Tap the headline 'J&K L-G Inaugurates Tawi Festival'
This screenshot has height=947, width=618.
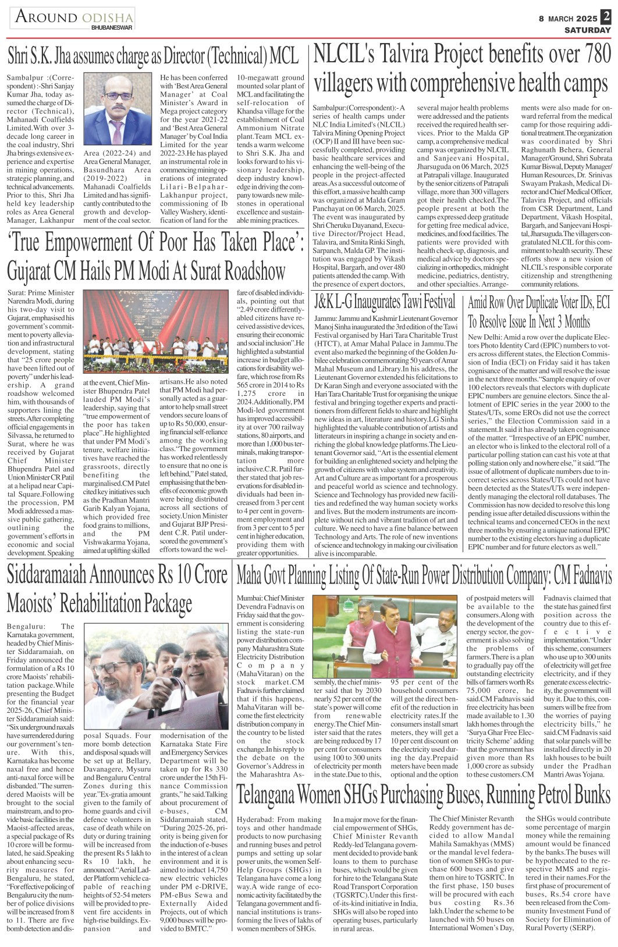coord(385,302)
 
